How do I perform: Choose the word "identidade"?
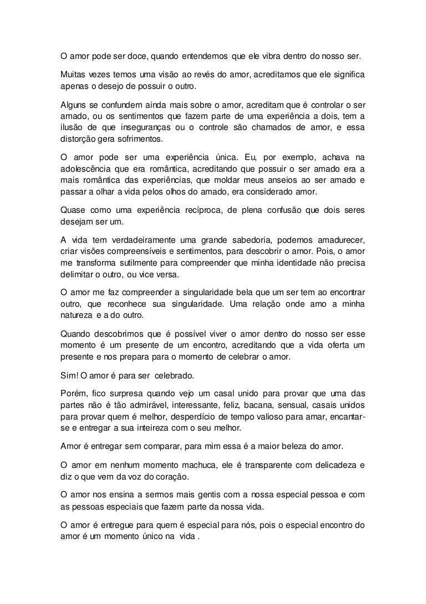coord(284,266)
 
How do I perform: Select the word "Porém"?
coord(73,393)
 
